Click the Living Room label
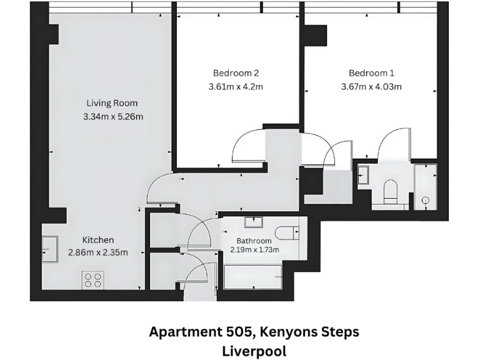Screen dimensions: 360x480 (112, 103)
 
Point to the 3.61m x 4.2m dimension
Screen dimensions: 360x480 (236, 87)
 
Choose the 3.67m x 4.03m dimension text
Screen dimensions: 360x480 (371, 87)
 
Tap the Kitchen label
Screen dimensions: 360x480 (99, 240)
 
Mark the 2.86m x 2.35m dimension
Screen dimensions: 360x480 (98, 253)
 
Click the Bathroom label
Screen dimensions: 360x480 (254, 241)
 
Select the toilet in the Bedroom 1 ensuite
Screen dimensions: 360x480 (390, 190)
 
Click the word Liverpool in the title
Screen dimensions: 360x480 (254, 351)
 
